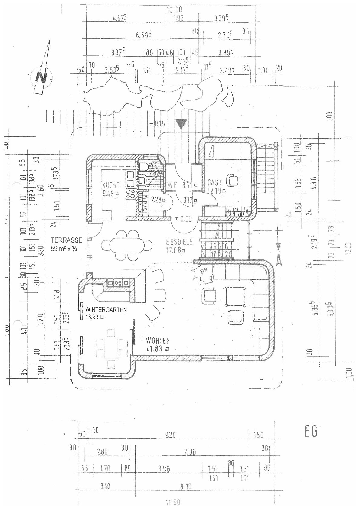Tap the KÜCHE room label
[111, 185]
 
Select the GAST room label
[214, 182]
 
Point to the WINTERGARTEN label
[106, 310]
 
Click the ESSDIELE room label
[179, 242]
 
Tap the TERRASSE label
[67, 240]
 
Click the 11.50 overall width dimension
[173, 502]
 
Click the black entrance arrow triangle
[181, 124]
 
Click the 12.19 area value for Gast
[215, 191]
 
